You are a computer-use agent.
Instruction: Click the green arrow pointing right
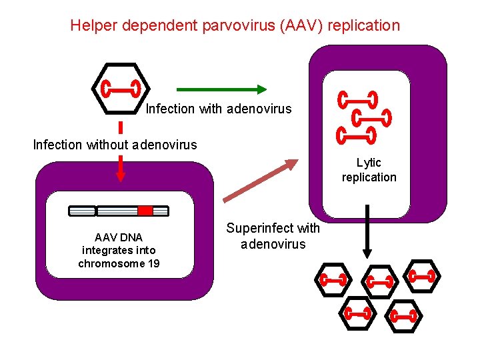click(221, 89)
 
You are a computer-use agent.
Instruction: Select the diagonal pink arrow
click(261, 181)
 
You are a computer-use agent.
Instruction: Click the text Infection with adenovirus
click(219, 108)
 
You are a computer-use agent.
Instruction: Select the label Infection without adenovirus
click(115, 144)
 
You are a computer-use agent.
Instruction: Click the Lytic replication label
click(369, 169)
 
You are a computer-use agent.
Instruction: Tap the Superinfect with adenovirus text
click(273, 236)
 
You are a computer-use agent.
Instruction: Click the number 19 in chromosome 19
click(151, 263)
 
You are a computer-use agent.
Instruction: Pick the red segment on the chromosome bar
click(145, 211)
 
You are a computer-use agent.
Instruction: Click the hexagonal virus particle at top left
click(120, 88)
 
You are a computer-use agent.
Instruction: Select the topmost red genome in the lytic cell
click(357, 99)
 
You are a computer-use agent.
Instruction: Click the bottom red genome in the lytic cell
click(357, 135)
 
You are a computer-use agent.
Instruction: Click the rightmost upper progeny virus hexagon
click(422, 275)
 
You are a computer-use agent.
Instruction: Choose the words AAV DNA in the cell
click(119, 237)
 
